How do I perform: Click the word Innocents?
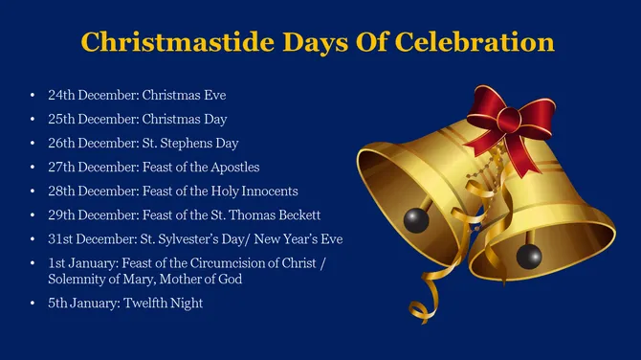pos(264,191)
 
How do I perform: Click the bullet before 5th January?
pos(33,304)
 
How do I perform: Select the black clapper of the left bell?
pos(413,219)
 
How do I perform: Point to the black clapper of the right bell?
pos(527,256)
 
